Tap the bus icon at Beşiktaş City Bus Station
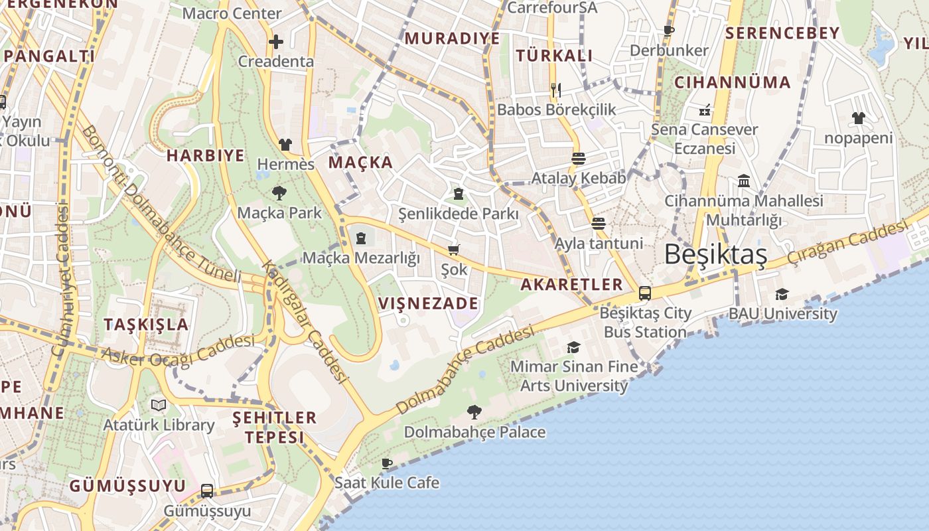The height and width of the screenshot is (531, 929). [x=644, y=293]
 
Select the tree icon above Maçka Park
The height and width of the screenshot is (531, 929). [x=279, y=193]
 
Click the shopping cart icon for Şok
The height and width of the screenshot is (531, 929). [x=454, y=250]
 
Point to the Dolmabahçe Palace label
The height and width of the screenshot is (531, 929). [x=474, y=432]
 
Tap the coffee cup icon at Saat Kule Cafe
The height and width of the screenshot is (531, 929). [x=387, y=463]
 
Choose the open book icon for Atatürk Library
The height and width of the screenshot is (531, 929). [x=158, y=404]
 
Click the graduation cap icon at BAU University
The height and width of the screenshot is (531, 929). [x=782, y=294]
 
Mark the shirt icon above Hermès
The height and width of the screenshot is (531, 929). [x=285, y=144]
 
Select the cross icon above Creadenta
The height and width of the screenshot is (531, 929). [x=275, y=42]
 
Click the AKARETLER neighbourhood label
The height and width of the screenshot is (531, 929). [x=571, y=285]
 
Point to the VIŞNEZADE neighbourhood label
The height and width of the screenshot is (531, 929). [x=428, y=303]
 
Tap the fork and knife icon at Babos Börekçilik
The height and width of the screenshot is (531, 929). [x=556, y=90]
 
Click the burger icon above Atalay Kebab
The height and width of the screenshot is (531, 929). [x=578, y=158]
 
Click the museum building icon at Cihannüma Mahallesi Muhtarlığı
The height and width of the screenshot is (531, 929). [x=744, y=181]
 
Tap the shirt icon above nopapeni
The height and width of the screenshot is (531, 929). [x=859, y=118]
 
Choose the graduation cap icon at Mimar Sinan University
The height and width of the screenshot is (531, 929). [x=573, y=346]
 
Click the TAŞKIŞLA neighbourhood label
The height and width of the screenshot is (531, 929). [x=146, y=325]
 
